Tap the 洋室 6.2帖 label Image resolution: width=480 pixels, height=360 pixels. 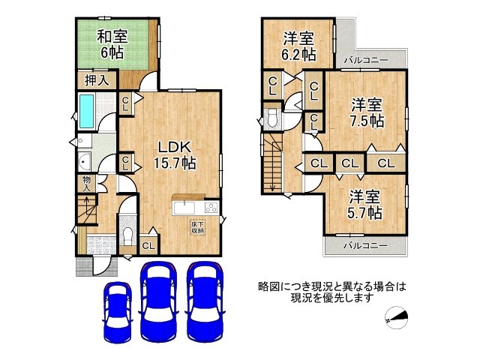coord(298,46)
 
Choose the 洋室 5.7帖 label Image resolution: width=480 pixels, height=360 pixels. coord(365,204)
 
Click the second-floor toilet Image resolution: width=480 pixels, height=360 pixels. coord(271,118)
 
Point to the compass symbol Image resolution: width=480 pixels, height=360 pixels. coord(397,318)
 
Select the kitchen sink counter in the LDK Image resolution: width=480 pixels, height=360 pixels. coord(188,208)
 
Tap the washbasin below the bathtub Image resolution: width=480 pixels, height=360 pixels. coord(84,161)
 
